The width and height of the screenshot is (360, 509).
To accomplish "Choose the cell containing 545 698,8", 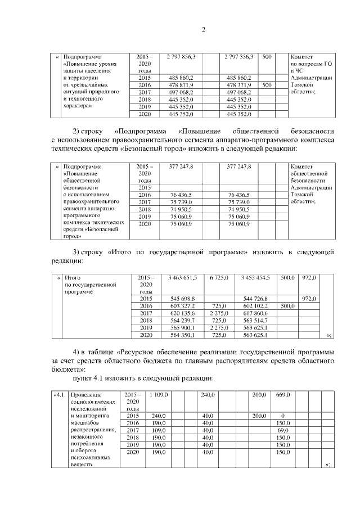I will [x=181, y=299].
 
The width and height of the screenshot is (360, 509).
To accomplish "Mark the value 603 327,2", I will [x=181, y=306].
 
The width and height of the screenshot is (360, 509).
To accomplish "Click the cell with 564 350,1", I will [x=181, y=335].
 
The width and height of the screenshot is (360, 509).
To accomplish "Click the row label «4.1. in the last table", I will [x=59, y=396].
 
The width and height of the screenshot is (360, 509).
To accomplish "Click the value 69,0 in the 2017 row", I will [x=275, y=430].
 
